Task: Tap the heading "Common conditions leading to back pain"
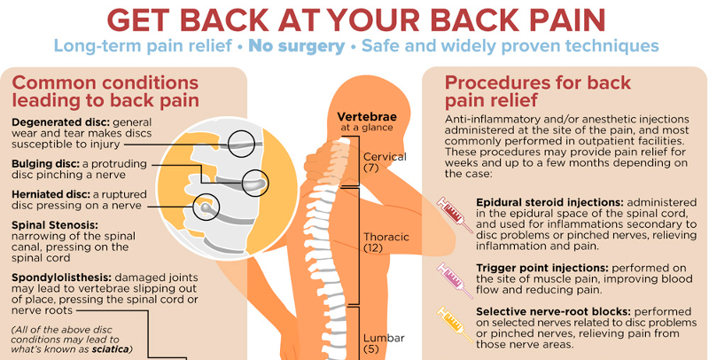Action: click(105, 91)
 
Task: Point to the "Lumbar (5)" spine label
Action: click(383, 343)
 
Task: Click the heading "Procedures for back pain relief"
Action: click(537, 91)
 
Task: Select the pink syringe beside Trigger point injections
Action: click(451, 277)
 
